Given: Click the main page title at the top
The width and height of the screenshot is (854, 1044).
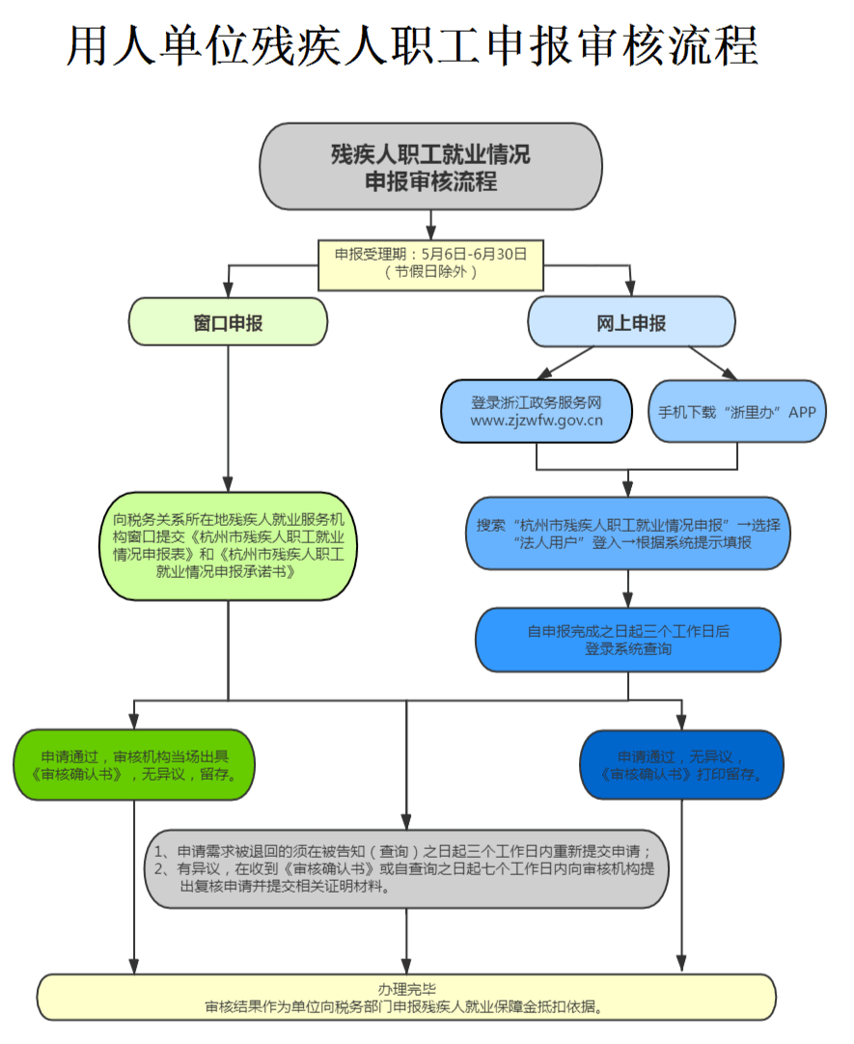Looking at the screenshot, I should tap(412, 46).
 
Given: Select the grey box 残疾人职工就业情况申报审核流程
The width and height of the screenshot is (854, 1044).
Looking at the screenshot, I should tap(430, 166).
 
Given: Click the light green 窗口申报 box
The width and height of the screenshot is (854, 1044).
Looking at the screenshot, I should tap(228, 322).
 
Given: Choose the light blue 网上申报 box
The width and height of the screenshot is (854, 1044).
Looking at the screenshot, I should tap(631, 322).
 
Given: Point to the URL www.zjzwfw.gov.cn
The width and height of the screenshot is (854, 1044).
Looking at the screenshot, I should tap(537, 421).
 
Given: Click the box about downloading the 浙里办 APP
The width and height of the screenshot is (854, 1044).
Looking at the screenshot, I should tap(736, 411).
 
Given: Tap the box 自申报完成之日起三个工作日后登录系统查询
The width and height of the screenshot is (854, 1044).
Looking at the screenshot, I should tap(628, 640).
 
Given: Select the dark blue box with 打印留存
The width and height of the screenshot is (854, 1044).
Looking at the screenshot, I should tap(681, 764).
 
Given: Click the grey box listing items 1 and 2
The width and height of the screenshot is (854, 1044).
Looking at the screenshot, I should tap(405, 868).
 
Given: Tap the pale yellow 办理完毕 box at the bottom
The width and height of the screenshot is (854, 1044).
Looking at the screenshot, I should tap(405, 997).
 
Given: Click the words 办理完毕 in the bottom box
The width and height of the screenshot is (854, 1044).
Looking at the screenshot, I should tap(406, 988).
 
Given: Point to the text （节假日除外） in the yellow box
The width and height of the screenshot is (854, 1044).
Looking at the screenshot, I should tap(430, 273).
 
